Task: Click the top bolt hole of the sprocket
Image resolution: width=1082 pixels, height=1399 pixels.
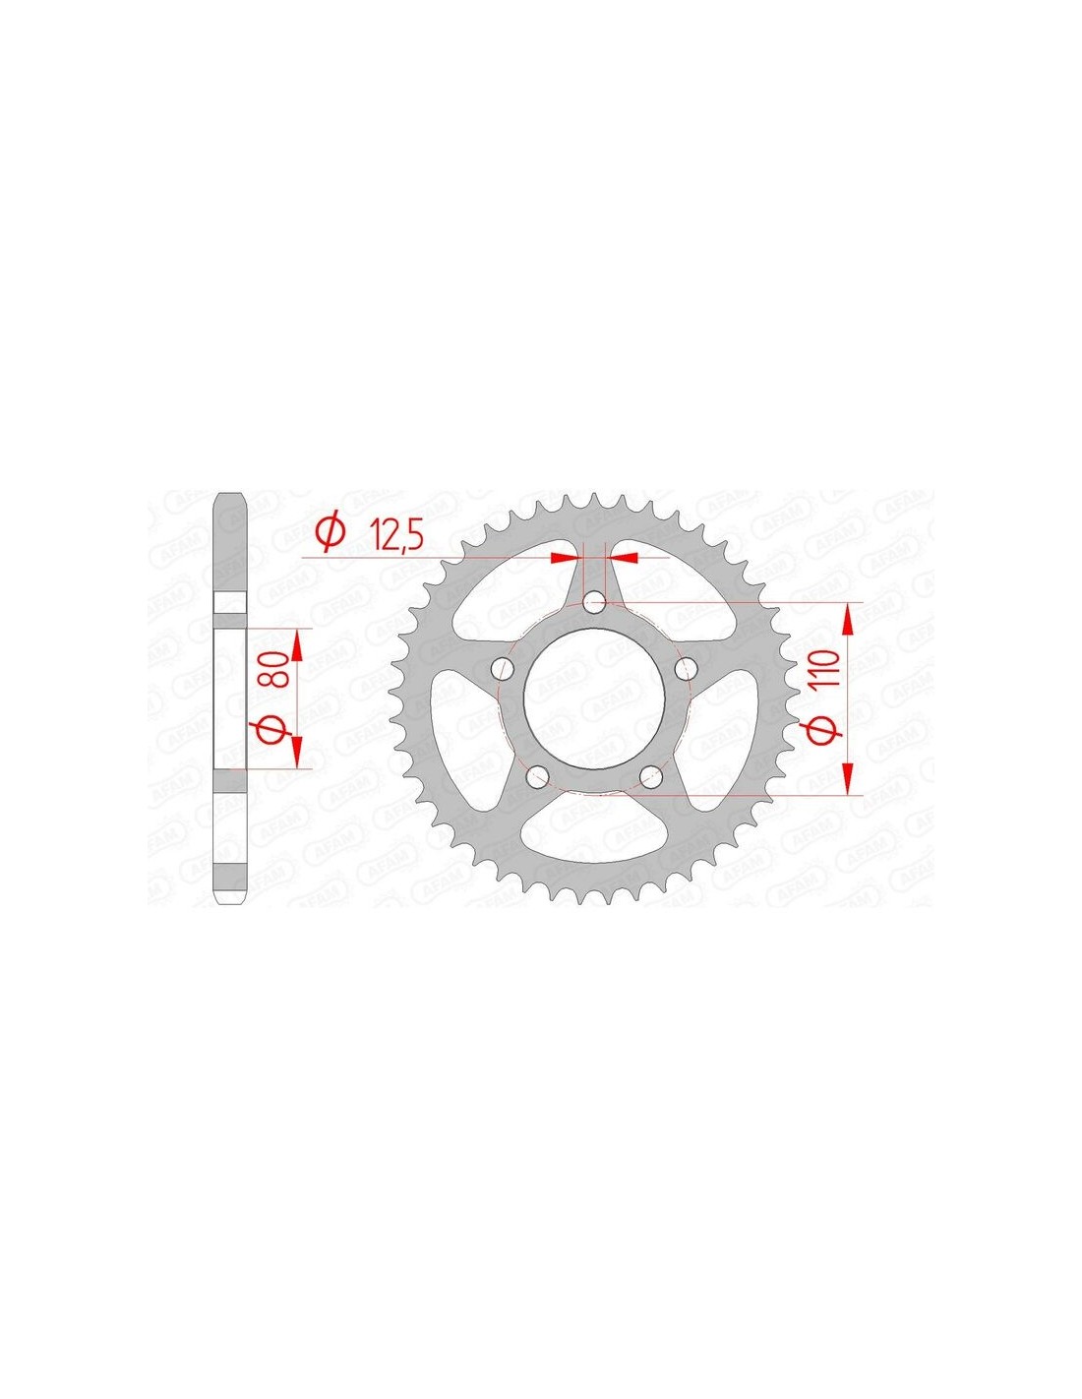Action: pyautogui.click(x=593, y=604)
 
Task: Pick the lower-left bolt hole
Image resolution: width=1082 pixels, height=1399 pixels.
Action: pyautogui.click(x=537, y=777)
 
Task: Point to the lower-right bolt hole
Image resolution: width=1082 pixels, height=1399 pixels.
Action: pyautogui.click(x=651, y=777)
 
